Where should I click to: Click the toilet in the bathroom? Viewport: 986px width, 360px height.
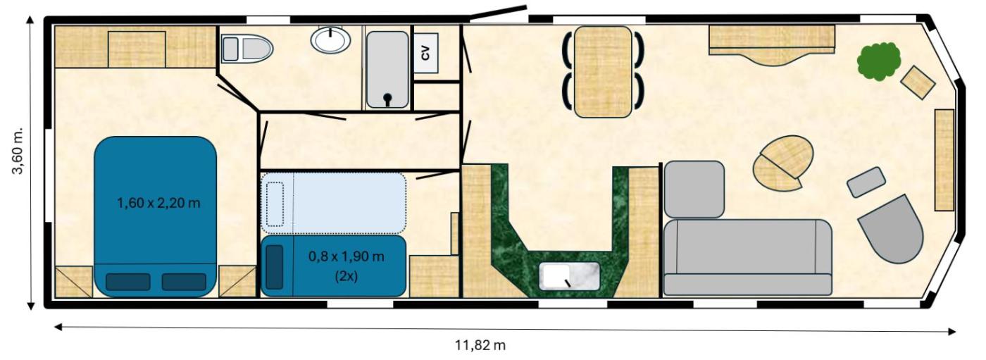[246, 49]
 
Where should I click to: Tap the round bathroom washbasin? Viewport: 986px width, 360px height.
[330, 40]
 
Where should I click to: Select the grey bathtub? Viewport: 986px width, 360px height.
[387, 70]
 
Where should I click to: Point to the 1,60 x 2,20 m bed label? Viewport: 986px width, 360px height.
[158, 204]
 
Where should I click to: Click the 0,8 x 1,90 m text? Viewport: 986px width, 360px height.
[346, 256]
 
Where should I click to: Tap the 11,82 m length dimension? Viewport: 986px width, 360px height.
[480, 345]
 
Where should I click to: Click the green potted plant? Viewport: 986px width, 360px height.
[879, 61]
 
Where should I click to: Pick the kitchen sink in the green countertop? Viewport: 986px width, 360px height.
[569, 276]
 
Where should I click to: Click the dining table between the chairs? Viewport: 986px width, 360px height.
[603, 72]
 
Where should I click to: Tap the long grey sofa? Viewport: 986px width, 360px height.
[747, 257]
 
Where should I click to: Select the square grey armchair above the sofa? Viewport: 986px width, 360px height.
[694, 190]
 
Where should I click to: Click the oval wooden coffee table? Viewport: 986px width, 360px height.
[783, 163]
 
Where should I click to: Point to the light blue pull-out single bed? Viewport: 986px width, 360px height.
[333, 203]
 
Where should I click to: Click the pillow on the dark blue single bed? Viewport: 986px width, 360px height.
[275, 267]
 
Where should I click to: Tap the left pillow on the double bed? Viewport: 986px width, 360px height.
[128, 282]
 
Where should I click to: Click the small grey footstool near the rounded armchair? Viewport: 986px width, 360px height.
[866, 182]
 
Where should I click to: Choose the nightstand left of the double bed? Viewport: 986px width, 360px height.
[74, 282]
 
